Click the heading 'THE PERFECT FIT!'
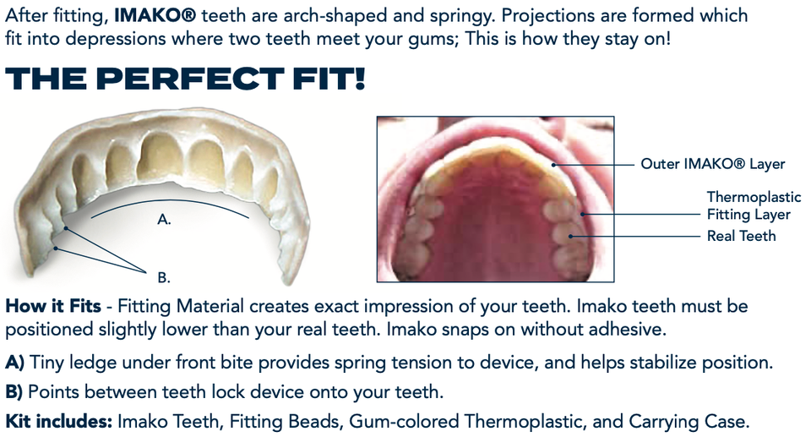coord(186,79)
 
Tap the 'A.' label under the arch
coord(165,219)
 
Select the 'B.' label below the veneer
coord(165,276)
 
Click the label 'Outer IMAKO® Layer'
coord(712,164)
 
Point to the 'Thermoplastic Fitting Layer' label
coord(753,206)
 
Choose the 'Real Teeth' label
coord(741,236)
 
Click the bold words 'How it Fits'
coord(53,306)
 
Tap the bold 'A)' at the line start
coord(15,363)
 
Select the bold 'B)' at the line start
coord(15,392)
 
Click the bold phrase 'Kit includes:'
coord(58,420)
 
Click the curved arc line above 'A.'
coord(169,202)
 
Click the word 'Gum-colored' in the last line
coord(385,420)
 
